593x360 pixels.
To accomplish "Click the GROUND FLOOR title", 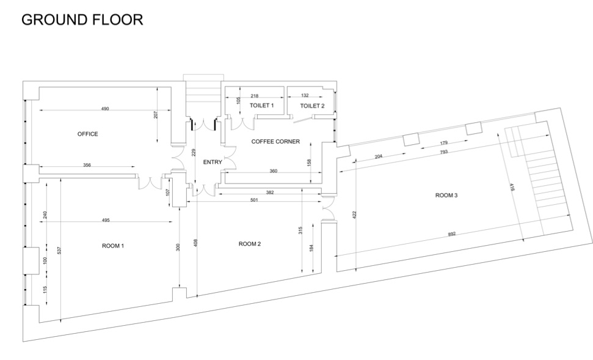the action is pos(82,20).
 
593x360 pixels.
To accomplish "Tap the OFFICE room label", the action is pos(88,134).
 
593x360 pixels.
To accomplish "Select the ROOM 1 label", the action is pos(113,246).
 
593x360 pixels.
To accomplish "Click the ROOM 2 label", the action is pos(250,244).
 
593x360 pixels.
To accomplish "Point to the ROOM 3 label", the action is pos(446,196).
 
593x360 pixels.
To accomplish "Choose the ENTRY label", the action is pos(213,162).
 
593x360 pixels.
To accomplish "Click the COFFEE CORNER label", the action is pos(275,142).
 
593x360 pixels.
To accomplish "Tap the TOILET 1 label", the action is pos(262,106).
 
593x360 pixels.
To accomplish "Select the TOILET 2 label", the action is pos(313,106).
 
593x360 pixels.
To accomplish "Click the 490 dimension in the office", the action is pos(105,109).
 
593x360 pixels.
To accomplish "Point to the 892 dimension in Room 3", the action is pos(452,234).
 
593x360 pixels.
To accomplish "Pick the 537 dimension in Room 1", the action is pos(59,250).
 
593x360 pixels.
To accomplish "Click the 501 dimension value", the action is pos(254,200).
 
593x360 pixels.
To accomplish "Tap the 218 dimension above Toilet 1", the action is pos(255,96).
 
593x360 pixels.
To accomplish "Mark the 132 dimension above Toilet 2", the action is pos(305,95).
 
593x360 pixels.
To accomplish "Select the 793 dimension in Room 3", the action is pos(444,152).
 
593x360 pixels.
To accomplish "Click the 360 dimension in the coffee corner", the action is pos(274,171).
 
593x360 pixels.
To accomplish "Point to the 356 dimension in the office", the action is pos(87,165).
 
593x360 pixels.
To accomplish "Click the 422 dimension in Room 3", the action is pos(354,215).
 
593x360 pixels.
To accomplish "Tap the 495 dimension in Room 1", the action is pos(106,220).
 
